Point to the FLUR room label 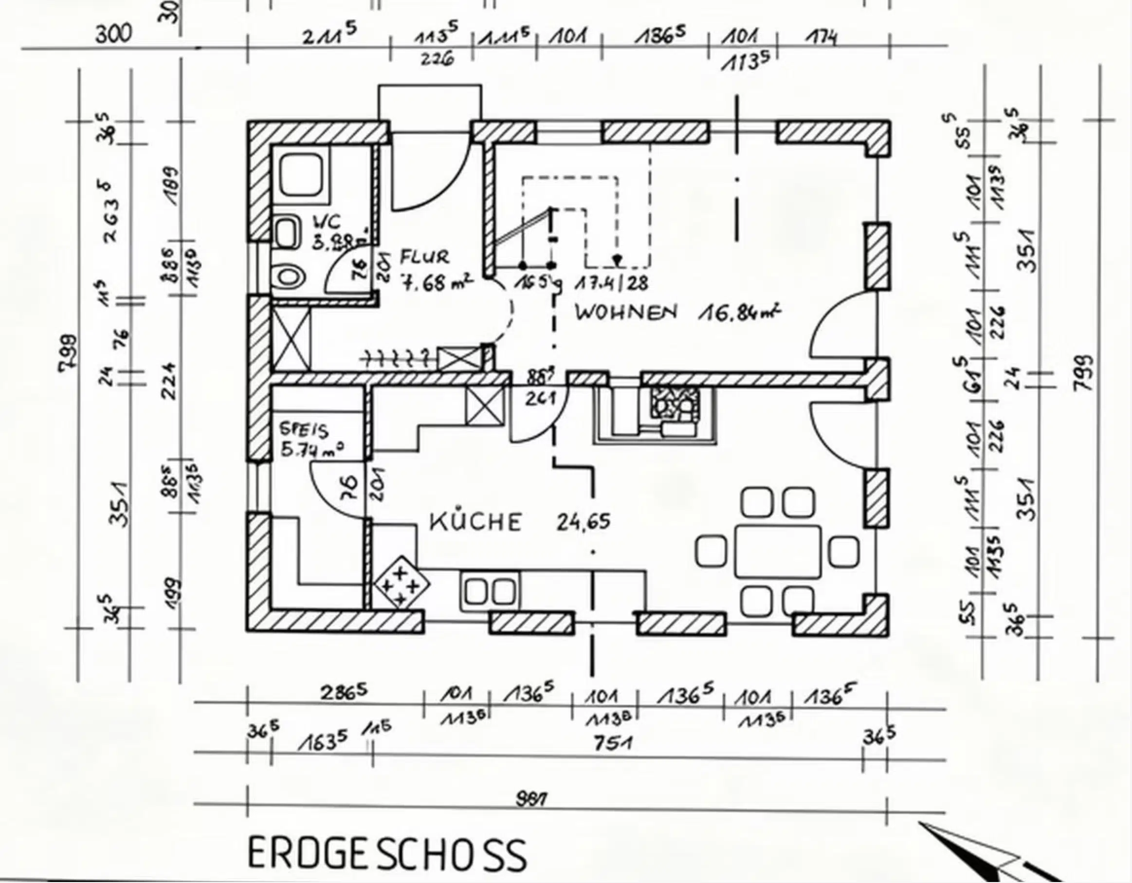(x=424, y=257)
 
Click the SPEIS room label (x=304, y=430)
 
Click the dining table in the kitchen (x=778, y=551)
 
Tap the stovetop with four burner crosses (x=402, y=581)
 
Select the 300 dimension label (x=113, y=34)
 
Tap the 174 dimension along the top (x=821, y=37)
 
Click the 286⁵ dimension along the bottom (x=344, y=693)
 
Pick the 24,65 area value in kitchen (x=583, y=522)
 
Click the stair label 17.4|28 (x=612, y=283)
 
